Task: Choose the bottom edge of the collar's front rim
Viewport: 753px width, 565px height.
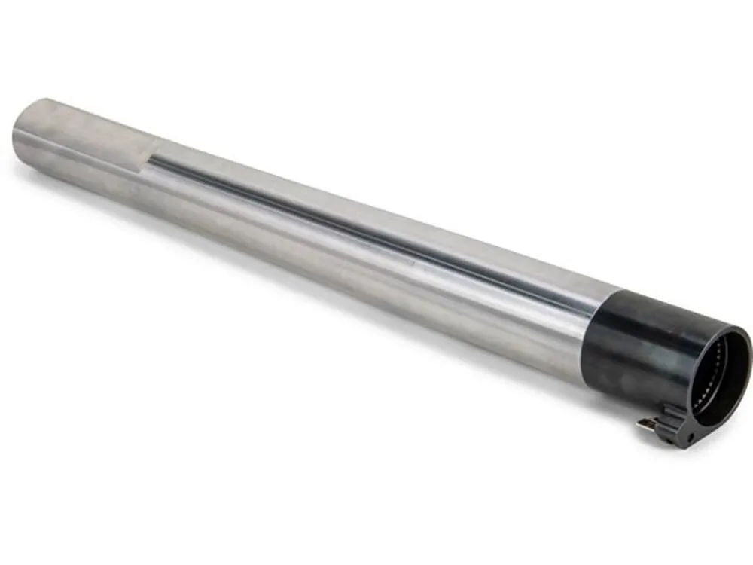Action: click(x=719, y=426)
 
